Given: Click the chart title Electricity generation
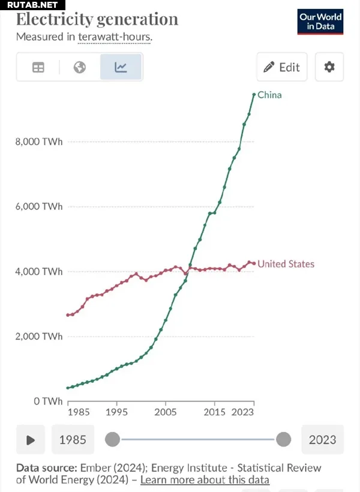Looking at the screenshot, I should pyautogui.click(x=97, y=19).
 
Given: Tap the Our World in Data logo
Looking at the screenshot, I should pyautogui.click(x=320, y=22).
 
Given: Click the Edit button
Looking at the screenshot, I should pyautogui.click(x=281, y=67).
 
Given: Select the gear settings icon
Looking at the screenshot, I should pyautogui.click(x=329, y=67).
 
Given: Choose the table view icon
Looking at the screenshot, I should pyautogui.click(x=38, y=67).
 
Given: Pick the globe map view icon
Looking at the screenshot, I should pyautogui.click(x=80, y=67).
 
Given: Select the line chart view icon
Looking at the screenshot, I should pyautogui.click(x=121, y=67).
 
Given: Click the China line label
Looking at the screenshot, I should pyautogui.click(x=269, y=95).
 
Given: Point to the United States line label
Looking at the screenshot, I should pyautogui.click(x=286, y=264).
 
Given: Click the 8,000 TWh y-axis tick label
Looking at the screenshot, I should pyautogui.click(x=38, y=142).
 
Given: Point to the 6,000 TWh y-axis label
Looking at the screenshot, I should pyautogui.click(x=38, y=206).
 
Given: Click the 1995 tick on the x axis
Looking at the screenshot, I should pyautogui.click(x=116, y=412).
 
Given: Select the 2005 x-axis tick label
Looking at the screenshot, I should pyautogui.click(x=166, y=412).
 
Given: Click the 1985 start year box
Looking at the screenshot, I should pyautogui.click(x=73, y=440).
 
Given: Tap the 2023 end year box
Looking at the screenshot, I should pyautogui.click(x=323, y=440).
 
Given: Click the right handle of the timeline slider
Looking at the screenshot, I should pyautogui.click(x=283, y=440).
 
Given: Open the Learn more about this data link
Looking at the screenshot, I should pyautogui.click(x=205, y=480).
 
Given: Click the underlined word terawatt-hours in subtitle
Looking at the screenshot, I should pyautogui.click(x=114, y=37).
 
